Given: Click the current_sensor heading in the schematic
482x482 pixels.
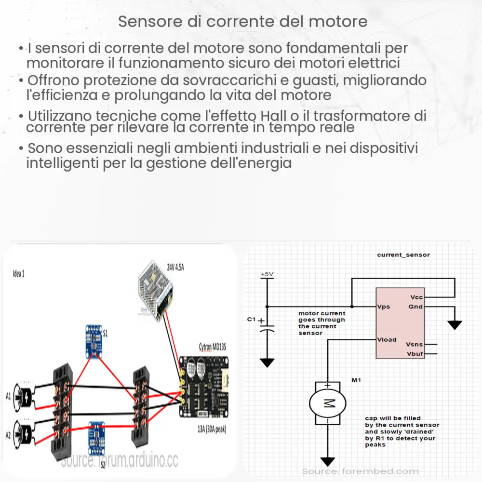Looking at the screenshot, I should (x=403, y=254).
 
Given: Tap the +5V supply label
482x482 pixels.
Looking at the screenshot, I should (x=267, y=274).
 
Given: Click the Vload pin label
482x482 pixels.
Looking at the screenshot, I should (x=387, y=339).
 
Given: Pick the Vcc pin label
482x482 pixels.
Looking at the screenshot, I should (x=416, y=297).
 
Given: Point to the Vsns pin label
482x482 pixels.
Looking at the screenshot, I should (x=415, y=345).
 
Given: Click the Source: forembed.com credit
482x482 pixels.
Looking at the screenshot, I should (x=360, y=471).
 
